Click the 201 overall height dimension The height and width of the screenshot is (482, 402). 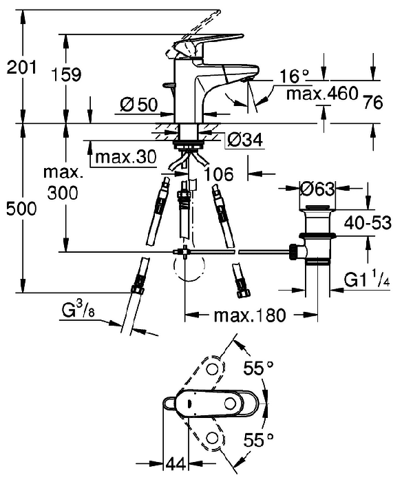pyautogui.click(x=21, y=67)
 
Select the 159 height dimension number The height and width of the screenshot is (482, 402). pyautogui.click(x=66, y=74)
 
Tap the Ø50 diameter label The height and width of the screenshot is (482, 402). pyautogui.click(x=138, y=105)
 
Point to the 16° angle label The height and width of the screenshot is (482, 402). pyautogui.click(x=293, y=76)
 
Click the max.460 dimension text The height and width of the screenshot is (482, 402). pyautogui.click(x=322, y=93)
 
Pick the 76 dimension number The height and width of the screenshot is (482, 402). pyautogui.click(x=373, y=102)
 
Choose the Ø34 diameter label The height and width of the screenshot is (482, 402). pyautogui.click(x=246, y=140)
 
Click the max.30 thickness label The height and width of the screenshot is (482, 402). pyautogui.click(x=126, y=157)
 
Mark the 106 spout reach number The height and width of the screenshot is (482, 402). pyautogui.click(x=219, y=174)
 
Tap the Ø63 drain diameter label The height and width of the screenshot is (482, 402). pyautogui.click(x=317, y=189)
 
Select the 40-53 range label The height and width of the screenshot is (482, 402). pyautogui.click(x=368, y=222)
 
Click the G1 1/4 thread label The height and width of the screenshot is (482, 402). pyautogui.click(x=367, y=280)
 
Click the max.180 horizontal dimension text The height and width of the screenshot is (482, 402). pyautogui.click(x=250, y=315)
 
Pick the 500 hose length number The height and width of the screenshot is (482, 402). pyautogui.click(x=21, y=209)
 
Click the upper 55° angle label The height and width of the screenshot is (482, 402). pyautogui.click(x=258, y=367)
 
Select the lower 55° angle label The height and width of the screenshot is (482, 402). pyautogui.click(x=258, y=439)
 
